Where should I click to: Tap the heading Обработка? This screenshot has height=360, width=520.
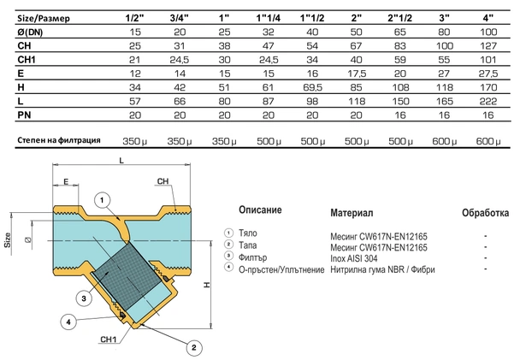click(x=485, y=211)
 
